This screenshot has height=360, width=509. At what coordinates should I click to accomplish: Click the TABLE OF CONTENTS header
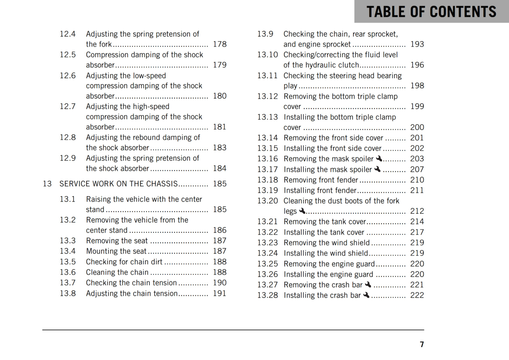click(431, 12)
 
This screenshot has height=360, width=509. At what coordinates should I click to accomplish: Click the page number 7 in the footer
click(422, 344)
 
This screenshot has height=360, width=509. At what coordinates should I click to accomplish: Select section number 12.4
click(68, 34)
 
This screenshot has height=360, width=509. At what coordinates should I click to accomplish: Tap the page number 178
click(220, 44)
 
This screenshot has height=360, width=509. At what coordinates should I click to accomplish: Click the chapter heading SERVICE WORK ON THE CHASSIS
click(118, 184)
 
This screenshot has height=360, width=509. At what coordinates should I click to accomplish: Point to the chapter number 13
click(47, 184)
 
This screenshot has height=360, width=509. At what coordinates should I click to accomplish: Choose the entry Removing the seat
click(117, 241)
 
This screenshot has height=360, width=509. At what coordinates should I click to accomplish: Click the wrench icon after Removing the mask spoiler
click(379, 158)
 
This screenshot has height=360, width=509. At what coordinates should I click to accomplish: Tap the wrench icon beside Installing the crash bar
click(366, 295)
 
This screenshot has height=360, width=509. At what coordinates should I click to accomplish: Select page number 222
click(417, 295)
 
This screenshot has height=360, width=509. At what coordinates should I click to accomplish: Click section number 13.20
click(267, 201)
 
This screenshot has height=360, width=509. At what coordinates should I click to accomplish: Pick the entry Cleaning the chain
click(117, 272)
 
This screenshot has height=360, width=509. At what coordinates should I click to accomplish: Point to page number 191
click(220, 293)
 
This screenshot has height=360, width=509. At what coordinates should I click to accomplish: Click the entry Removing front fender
click(321, 180)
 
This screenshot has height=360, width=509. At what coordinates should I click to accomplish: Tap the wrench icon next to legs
click(302, 211)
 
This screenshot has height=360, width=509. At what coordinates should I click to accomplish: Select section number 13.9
click(265, 34)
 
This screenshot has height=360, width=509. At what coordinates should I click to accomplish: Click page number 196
click(417, 65)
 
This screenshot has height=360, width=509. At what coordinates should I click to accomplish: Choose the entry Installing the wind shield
click(326, 253)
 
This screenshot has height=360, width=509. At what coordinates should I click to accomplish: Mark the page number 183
click(220, 148)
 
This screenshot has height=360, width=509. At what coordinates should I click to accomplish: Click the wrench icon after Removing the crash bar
click(368, 284)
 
